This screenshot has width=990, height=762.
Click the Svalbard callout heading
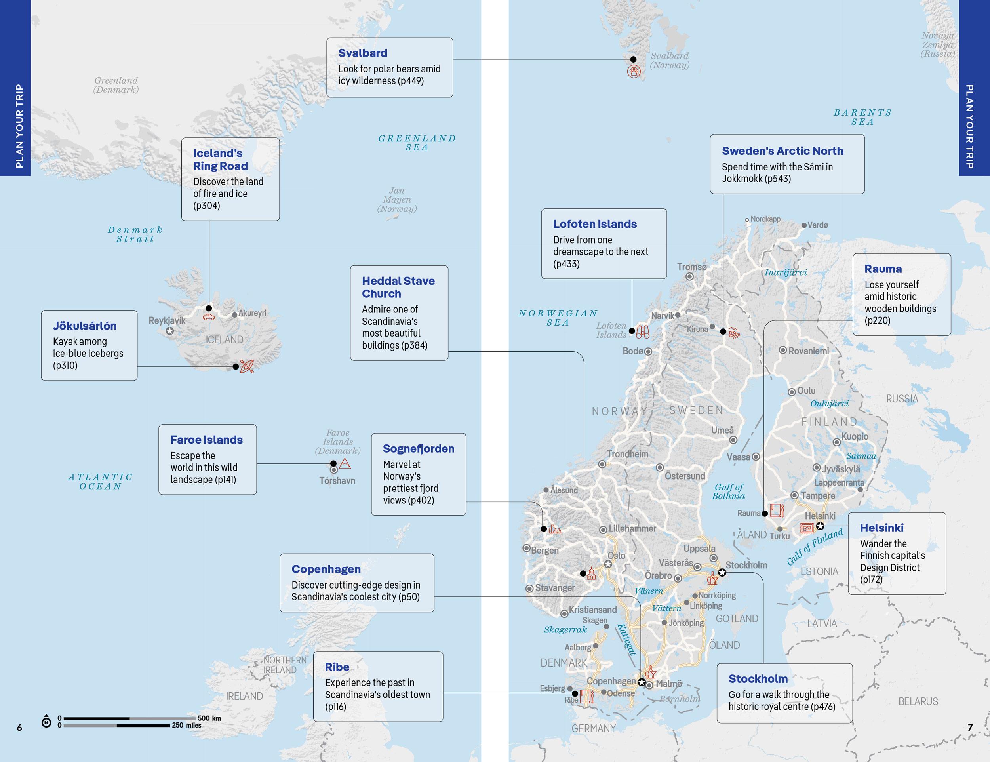pos(363,53)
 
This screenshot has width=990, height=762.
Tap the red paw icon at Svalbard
pos(634,71)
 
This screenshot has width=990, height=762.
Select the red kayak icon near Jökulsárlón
pos(247,366)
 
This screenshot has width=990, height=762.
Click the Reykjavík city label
pos(167,320)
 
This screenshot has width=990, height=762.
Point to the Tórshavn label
pos(337,480)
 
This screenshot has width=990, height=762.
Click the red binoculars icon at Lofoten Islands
pos(642,332)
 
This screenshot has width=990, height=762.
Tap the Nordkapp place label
pos(765,219)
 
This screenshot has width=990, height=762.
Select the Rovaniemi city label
pos(808,351)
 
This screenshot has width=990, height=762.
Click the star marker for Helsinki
pos(820,526)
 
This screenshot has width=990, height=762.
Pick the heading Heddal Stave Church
pos(398,287)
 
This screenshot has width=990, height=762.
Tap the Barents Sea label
pos(862,117)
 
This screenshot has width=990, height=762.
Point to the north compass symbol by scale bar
pos(46,722)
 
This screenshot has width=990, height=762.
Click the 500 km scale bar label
pos(209,718)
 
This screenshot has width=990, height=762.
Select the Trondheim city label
pos(627,454)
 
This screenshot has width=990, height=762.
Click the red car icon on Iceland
pos(209,317)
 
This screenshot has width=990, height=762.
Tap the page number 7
pos(970,727)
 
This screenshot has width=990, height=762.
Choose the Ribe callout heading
pos(337,667)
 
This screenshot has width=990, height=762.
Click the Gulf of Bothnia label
pos(729,491)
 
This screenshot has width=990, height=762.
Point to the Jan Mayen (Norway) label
pos(397,200)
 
